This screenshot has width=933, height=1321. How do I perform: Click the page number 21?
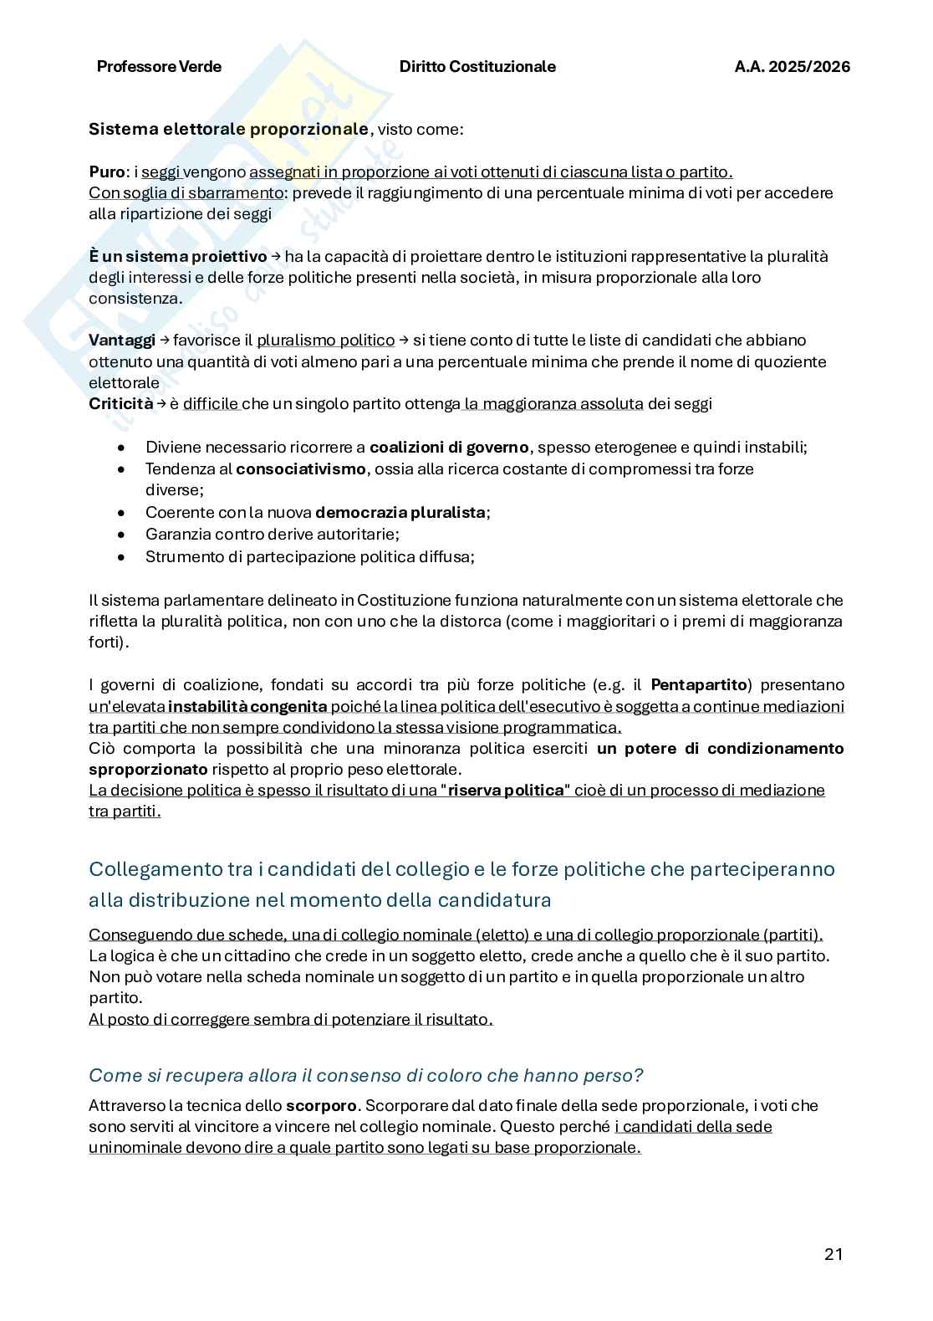click(x=833, y=1253)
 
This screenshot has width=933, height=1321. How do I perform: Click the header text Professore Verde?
click(x=159, y=67)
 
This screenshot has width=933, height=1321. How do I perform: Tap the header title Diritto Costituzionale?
click(x=477, y=67)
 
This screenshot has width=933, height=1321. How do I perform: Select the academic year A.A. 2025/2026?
click(x=792, y=67)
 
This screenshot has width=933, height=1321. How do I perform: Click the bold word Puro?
click(x=106, y=172)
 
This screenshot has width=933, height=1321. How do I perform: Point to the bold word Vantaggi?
click(x=122, y=340)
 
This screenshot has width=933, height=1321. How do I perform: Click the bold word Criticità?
click(x=120, y=404)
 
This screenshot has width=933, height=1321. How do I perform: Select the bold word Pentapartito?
click(x=698, y=685)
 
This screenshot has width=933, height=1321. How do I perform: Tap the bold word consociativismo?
click(x=301, y=469)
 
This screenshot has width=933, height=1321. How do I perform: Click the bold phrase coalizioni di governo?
click(x=449, y=448)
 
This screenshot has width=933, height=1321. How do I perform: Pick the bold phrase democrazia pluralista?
click(x=400, y=513)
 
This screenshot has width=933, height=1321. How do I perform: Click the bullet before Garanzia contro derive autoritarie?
click(x=123, y=535)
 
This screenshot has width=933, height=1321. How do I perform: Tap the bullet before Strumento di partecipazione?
click(x=123, y=556)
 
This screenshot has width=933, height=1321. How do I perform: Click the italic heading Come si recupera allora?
click(x=365, y=1075)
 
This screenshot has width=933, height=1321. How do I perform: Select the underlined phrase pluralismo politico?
click(x=325, y=340)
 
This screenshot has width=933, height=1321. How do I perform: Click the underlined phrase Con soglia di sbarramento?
click(x=186, y=193)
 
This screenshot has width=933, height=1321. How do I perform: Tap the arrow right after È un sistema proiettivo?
click(x=275, y=256)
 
